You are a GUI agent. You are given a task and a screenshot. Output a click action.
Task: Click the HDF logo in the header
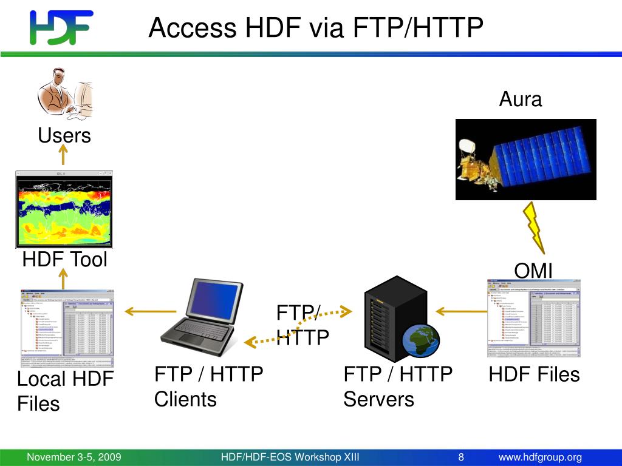61,27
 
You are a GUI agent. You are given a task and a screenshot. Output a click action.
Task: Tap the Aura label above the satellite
520,99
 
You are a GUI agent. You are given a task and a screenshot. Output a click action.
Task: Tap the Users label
64,135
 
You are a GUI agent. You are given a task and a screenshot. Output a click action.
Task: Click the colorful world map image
64,209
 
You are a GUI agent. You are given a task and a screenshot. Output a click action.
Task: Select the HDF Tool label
64,260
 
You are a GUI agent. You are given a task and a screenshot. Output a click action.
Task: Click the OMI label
533,271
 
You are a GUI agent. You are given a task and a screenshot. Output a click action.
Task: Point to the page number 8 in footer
461,457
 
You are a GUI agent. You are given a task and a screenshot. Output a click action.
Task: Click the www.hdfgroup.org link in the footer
540,457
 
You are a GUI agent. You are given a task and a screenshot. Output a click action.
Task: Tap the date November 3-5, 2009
73,457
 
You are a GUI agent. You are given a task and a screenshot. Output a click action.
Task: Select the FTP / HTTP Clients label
208,387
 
